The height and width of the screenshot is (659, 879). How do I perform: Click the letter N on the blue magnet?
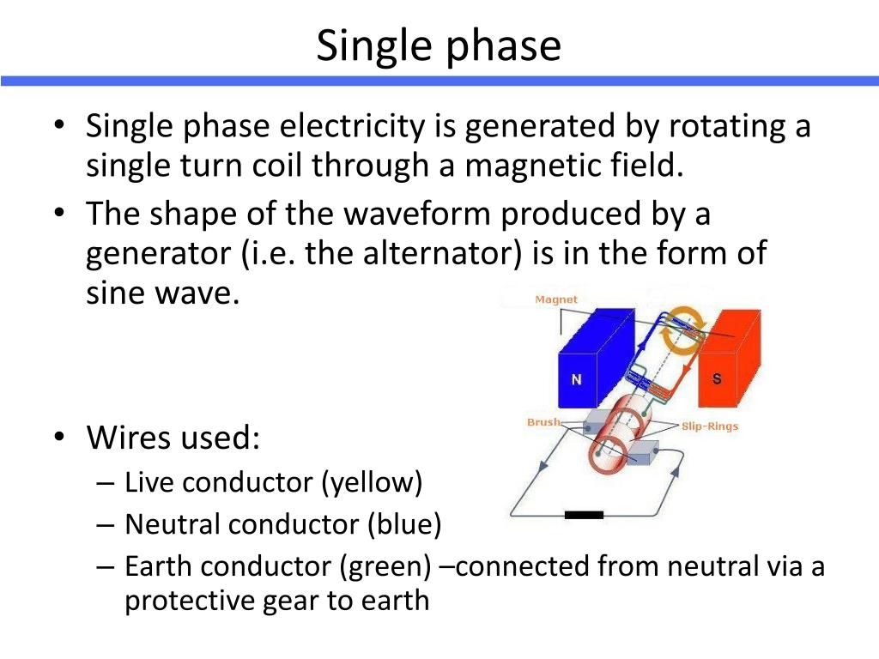(x=577, y=378)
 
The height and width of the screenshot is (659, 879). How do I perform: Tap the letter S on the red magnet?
(x=717, y=378)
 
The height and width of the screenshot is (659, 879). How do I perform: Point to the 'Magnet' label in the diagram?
(x=556, y=299)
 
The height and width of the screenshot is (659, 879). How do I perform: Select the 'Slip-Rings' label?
(x=710, y=426)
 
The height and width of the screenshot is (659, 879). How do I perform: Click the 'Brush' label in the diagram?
(x=543, y=422)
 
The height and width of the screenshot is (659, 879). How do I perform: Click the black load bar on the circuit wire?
(x=584, y=515)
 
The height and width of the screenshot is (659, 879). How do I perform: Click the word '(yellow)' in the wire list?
(x=373, y=482)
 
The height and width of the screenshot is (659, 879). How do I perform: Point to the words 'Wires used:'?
(x=173, y=439)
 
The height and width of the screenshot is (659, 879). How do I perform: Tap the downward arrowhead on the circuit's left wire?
(x=542, y=468)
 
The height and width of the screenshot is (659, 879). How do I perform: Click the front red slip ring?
(x=610, y=450)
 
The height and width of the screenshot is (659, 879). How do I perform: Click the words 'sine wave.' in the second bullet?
(x=160, y=293)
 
